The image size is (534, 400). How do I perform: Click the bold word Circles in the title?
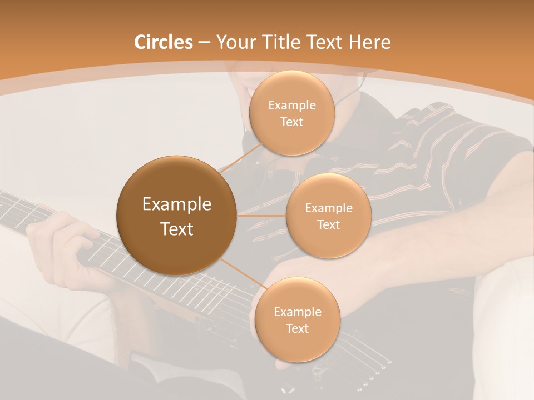click(163, 42)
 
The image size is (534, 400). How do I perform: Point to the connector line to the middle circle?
click(261, 216)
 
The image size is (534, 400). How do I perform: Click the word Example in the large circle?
click(176, 204)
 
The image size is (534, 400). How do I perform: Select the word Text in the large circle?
click(176, 228)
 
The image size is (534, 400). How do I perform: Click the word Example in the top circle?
click(291, 106)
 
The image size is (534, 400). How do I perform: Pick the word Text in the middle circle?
click(328, 224)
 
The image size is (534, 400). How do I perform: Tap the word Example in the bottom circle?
click(297, 312)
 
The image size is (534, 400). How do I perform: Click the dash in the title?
click(204, 43)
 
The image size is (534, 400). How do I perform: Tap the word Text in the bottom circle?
click(297, 328)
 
